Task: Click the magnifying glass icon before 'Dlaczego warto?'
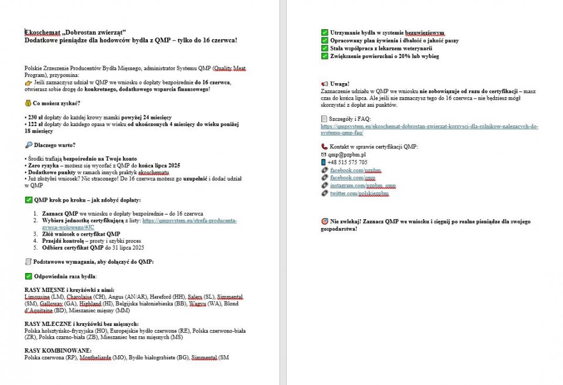pos(28,145)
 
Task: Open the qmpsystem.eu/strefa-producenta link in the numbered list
pos(189,221)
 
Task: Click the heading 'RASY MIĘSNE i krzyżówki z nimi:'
pos(69,290)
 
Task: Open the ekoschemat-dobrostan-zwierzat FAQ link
pos(429,126)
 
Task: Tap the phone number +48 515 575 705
pos(348,162)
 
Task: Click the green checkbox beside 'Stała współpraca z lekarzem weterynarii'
pos(325,49)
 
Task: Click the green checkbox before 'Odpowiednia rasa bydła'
pos(28,276)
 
